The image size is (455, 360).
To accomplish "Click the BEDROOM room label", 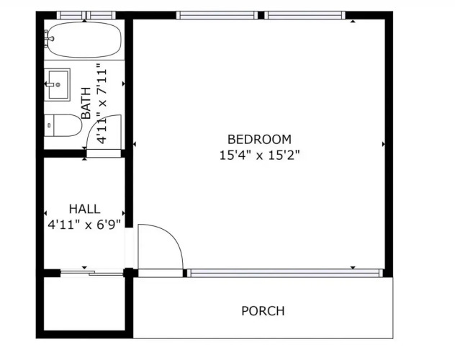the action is [x=259, y=140].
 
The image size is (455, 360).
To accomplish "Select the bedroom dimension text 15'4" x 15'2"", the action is [x=259, y=156].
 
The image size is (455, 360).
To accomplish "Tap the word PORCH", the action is [x=263, y=311].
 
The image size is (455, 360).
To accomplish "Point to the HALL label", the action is [x=85, y=209].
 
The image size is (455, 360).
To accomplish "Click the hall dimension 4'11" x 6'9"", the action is [x=84, y=224].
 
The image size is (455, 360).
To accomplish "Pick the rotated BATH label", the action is [x=86, y=103].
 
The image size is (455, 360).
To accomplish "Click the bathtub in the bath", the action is [x=84, y=40].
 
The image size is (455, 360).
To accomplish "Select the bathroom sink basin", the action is [x=58, y=84].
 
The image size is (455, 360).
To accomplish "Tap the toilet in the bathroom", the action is [x=63, y=125].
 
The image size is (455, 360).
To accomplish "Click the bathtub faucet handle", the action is [x=48, y=39].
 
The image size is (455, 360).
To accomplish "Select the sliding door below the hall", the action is [x=91, y=273].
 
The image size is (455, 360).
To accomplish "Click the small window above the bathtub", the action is [x=86, y=15].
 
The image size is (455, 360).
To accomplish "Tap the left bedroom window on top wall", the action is [x=217, y=15].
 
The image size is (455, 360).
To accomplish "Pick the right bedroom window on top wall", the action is [x=305, y=15].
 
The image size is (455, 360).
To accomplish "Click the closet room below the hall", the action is [x=84, y=304].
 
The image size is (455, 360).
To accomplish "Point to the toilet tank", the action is [x=49, y=125].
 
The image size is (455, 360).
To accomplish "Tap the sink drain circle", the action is [x=58, y=85].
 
